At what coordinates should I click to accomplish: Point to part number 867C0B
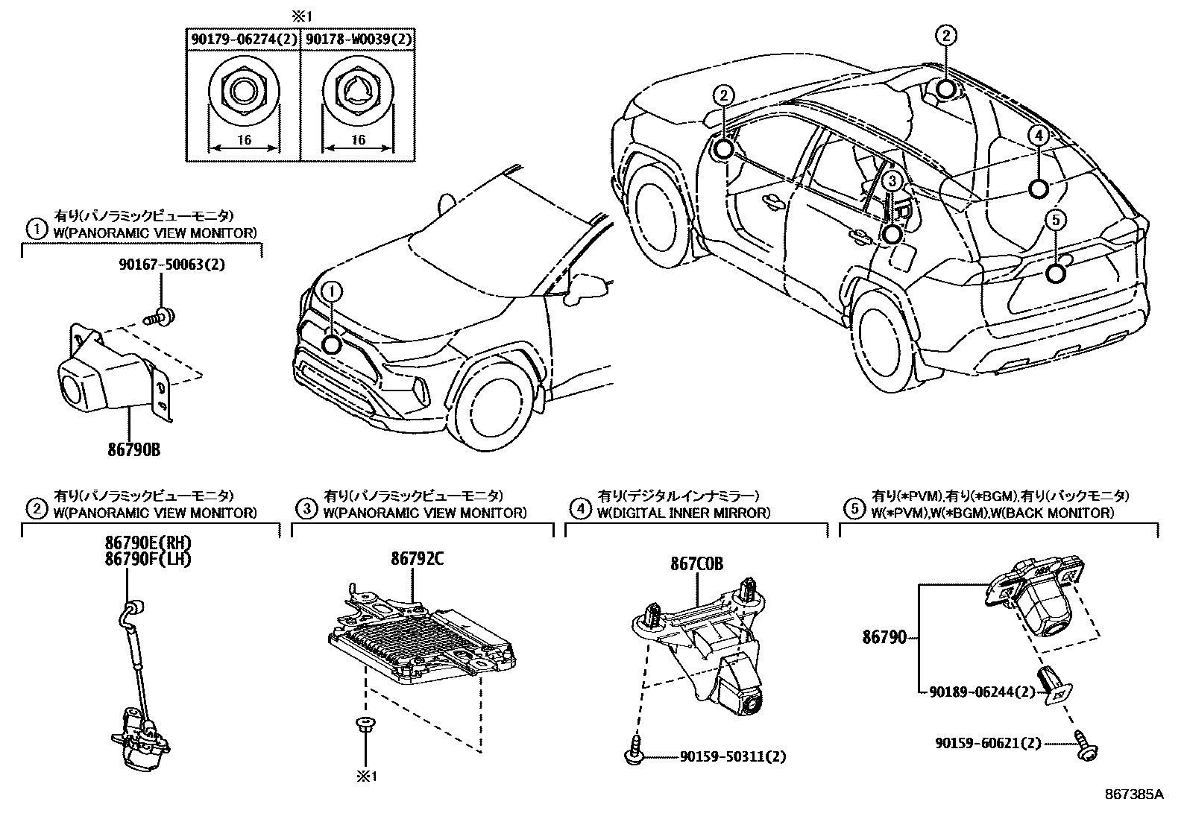(696, 564)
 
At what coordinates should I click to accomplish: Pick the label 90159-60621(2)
(989, 743)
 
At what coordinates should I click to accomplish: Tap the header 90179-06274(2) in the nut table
(243, 40)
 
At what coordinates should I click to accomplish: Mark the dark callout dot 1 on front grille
(332, 344)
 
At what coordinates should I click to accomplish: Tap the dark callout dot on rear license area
(1056, 273)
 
